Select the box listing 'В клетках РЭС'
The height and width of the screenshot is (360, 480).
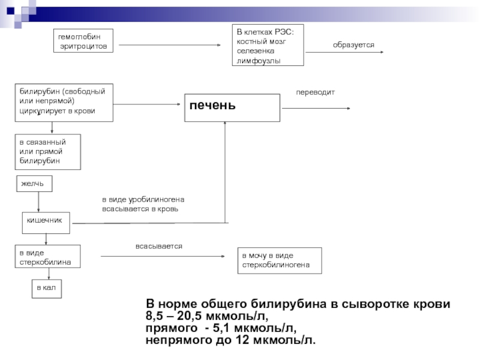click(268, 45)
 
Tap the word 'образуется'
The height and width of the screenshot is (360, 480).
click(353, 45)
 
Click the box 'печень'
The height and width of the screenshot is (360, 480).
click(232, 107)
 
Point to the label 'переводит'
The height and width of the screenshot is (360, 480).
click(315, 92)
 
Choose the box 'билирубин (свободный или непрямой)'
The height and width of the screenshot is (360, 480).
click(64, 103)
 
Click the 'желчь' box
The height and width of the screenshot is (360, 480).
click(34, 184)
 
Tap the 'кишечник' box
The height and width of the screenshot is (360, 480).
click(46, 221)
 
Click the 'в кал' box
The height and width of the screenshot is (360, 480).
click(46, 289)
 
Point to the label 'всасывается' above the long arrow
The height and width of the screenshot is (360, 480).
click(158, 247)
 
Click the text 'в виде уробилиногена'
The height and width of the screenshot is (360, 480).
click(143, 199)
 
